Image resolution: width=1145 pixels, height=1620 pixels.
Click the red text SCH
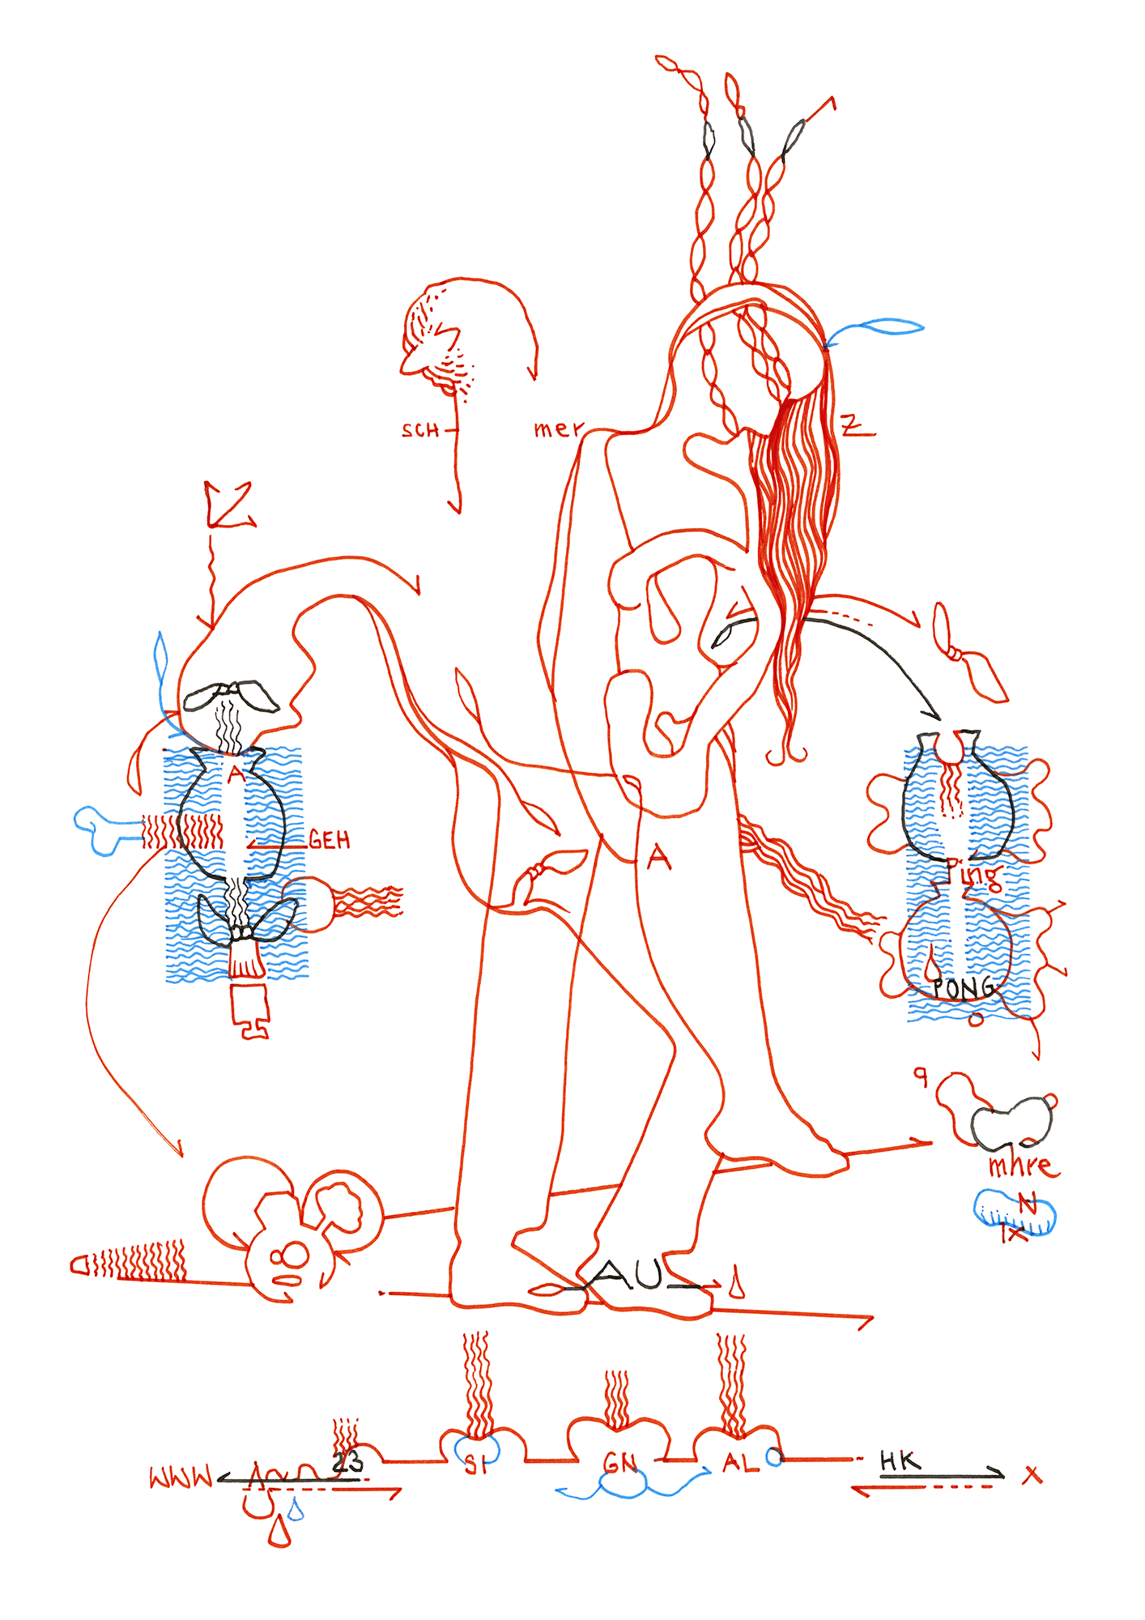pos(420,430)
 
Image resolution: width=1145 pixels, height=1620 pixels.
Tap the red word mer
pos(558,428)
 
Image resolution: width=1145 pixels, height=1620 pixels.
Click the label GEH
pos(330,841)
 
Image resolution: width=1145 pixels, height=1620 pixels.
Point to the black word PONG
pos(963,988)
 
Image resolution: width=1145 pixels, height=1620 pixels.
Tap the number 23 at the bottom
pos(348,1462)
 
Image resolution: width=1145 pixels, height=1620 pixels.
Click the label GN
pos(620,1464)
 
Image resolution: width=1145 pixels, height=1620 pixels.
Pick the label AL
pos(736,1463)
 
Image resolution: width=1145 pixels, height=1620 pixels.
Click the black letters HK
pos(900,1461)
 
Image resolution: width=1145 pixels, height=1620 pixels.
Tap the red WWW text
pos(181,1477)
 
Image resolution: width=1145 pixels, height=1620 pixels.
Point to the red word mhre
pos(1023,1166)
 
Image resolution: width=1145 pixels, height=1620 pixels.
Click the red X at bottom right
pos(1032,1475)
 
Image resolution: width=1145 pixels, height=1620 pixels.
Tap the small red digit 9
pos(920,1076)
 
